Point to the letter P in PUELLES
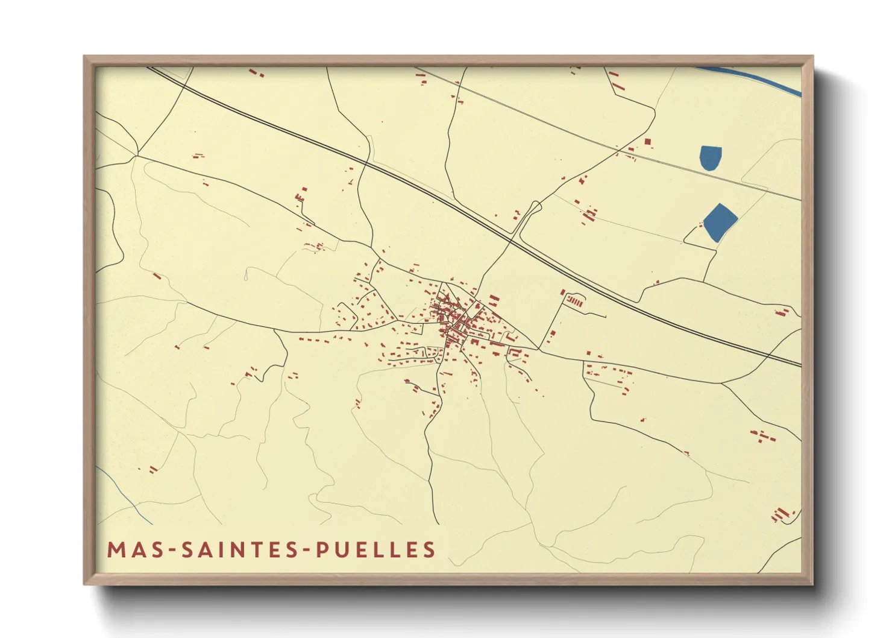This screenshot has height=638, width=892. pyautogui.click(x=323, y=549)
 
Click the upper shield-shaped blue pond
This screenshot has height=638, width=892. pyautogui.click(x=711, y=157)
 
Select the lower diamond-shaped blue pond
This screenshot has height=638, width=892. pyautogui.click(x=720, y=222)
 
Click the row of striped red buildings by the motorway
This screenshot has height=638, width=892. pyautogui.click(x=576, y=300)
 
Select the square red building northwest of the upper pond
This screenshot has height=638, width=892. pyautogui.click(x=648, y=142)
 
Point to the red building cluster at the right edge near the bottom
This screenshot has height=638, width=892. pyautogui.click(x=782, y=514)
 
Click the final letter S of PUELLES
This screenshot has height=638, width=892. pyautogui.click(x=429, y=549)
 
